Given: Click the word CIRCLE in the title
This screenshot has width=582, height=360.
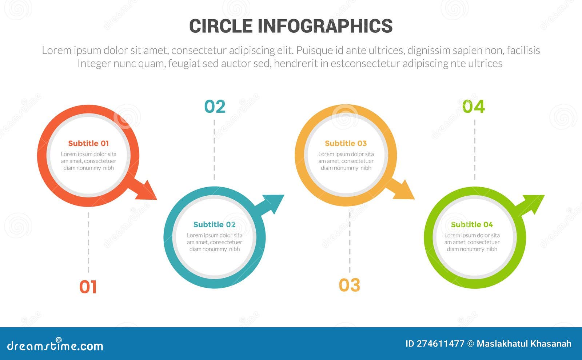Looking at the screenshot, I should [x=221, y=26].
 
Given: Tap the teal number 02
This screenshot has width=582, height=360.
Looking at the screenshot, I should [x=215, y=107].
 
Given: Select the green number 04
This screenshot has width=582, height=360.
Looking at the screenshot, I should [x=473, y=107].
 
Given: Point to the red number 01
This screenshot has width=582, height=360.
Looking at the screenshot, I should [x=88, y=287].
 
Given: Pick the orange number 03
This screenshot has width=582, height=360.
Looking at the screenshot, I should [x=349, y=285].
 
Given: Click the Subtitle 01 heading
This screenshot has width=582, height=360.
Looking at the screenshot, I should [x=88, y=143].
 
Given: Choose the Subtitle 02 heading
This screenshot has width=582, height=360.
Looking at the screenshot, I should [x=214, y=224].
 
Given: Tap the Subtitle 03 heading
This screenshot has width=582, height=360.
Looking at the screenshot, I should [x=346, y=143].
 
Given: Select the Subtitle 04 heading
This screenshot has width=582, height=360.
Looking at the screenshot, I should [x=472, y=224].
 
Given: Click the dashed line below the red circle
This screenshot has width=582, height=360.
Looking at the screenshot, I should [x=88, y=242].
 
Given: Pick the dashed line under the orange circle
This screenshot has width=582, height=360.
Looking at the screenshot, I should [x=350, y=242].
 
